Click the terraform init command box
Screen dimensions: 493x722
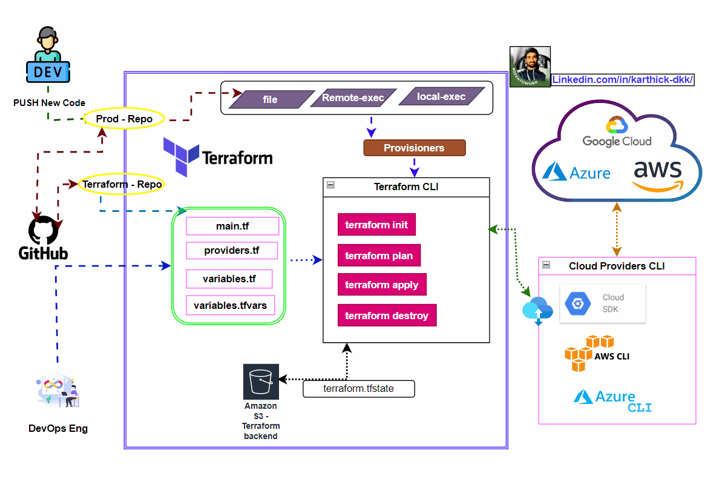[x=376, y=225]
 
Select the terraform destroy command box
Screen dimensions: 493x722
[x=387, y=316]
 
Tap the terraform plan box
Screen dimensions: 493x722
[x=379, y=256]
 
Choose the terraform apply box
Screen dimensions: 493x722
[x=382, y=285]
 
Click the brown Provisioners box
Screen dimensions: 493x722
[x=414, y=148]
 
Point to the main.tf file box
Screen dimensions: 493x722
[x=232, y=227]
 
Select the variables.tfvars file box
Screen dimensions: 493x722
[x=230, y=305]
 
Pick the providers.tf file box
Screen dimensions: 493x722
[x=232, y=251]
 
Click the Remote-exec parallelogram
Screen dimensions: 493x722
[x=353, y=98]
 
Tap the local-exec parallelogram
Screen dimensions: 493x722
[x=441, y=96]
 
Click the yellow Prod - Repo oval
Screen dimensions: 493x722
[x=124, y=119]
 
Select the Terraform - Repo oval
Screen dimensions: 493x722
[x=122, y=184]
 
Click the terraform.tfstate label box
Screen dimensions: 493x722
[x=359, y=389]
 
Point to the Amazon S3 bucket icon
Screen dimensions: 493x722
[x=261, y=382]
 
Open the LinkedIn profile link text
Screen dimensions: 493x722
[x=623, y=80]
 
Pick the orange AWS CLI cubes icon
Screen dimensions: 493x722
[x=580, y=353]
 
